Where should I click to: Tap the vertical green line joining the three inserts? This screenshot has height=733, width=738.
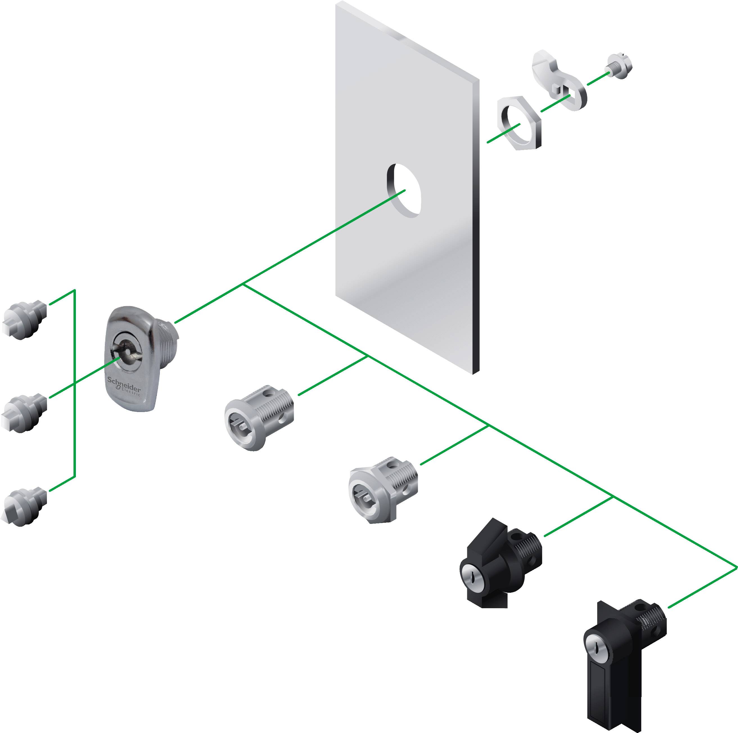(x=75, y=382)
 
